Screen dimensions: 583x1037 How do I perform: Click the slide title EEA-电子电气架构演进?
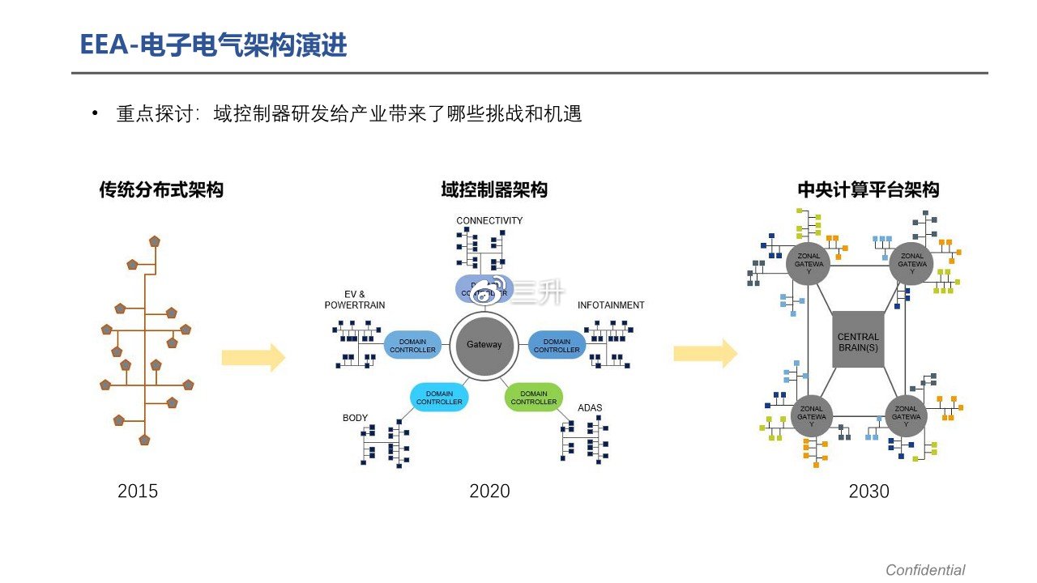pyautogui.click(x=213, y=45)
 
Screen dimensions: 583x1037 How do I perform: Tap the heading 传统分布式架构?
pyautogui.click(x=161, y=190)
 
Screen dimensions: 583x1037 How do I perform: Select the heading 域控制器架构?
pyautogui.click(x=494, y=189)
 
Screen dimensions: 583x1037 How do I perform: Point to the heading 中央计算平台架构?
pyautogui.click(x=868, y=190)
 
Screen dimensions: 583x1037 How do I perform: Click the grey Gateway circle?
pyautogui.click(x=484, y=344)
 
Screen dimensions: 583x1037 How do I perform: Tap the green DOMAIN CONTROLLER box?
pyautogui.click(x=534, y=398)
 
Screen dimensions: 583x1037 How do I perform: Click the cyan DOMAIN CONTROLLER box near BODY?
pyautogui.click(x=439, y=398)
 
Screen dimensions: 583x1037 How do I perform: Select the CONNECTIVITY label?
pyautogui.click(x=489, y=220)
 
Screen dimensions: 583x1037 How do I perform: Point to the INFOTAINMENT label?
pyautogui.click(x=611, y=305)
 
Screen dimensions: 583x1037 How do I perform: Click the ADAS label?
pyautogui.click(x=590, y=407)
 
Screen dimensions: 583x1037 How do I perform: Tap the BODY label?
pyautogui.click(x=355, y=418)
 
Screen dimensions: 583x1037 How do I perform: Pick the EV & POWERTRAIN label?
pyautogui.click(x=355, y=300)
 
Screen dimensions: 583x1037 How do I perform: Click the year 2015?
pyautogui.click(x=138, y=491)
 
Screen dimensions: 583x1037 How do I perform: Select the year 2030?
pyautogui.click(x=868, y=491)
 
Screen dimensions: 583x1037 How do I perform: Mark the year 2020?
pyautogui.click(x=489, y=491)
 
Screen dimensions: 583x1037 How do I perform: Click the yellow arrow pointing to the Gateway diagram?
pyautogui.click(x=254, y=357)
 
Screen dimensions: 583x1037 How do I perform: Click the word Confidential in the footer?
pyautogui.click(x=925, y=570)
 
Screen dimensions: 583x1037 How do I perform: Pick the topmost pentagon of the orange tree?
pyautogui.click(x=155, y=241)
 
